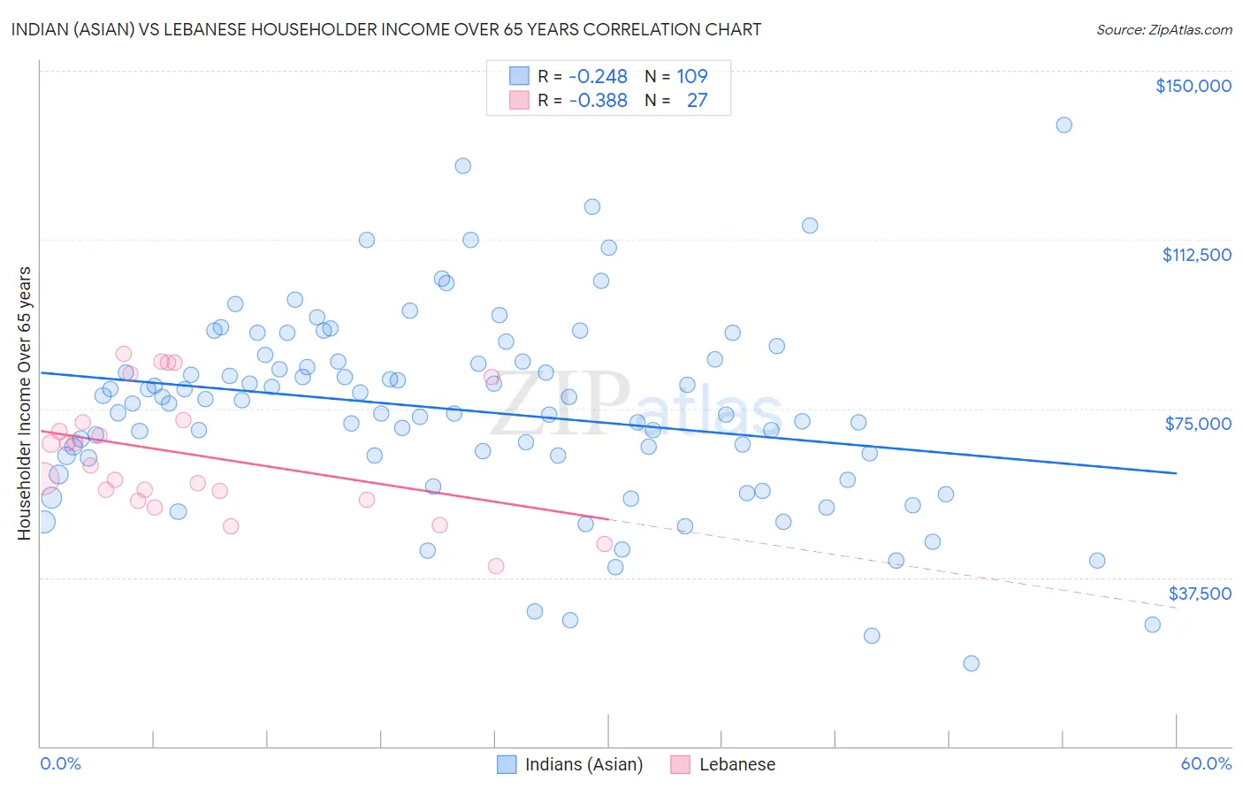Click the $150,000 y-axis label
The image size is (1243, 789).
point(1193,86)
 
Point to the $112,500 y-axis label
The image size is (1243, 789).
point(1196,255)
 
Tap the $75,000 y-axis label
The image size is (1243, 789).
point(1198,424)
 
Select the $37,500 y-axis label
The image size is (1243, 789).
point(1200,594)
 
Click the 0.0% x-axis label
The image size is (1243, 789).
point(60,763)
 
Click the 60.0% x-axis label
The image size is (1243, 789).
point(1206,763)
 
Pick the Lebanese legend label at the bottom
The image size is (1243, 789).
point(736,764)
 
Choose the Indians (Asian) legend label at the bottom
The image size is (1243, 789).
point(583,764)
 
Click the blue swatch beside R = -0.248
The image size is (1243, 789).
point(519,76)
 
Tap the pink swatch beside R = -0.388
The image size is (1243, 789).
point(519,100)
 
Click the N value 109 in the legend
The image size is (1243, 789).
point(692,76)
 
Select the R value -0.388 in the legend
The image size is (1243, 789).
point(598,100)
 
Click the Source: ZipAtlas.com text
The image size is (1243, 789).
point(1163,29)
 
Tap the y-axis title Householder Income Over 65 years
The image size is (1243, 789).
point(24,402)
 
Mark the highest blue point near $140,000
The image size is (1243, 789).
point(1064,125)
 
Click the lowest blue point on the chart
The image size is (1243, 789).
point(971,663)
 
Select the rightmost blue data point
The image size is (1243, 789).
point(1152,624)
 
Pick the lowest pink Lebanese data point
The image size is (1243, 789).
point(496,566)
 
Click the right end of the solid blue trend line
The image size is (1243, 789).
point(1176,473)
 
